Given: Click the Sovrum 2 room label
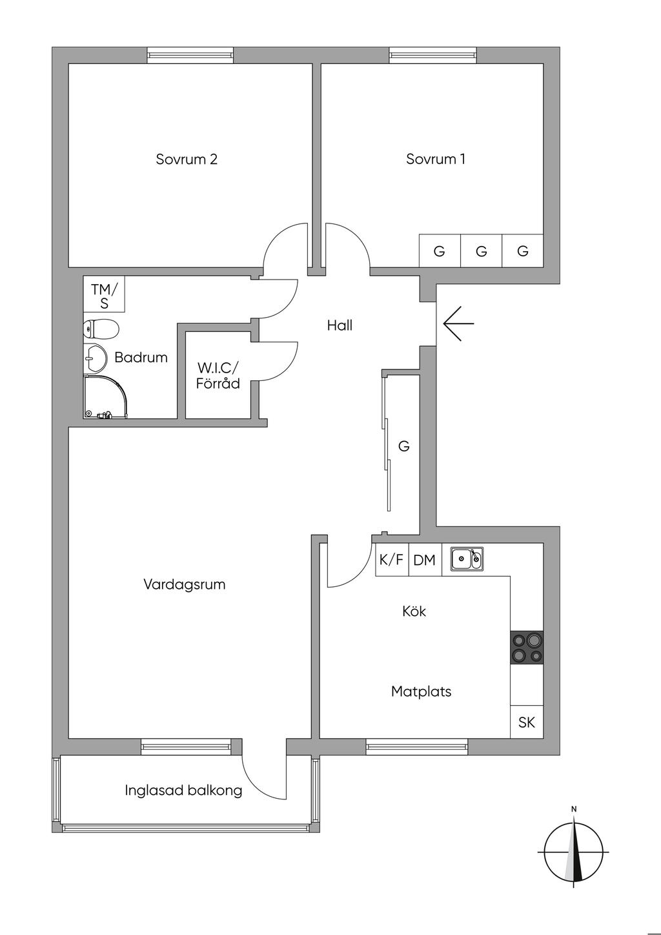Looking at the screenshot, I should point(187,159).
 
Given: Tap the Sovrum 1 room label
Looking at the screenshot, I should point(436,159).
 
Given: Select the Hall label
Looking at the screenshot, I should point(340,325).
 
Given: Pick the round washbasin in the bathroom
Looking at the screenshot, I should point(96,358).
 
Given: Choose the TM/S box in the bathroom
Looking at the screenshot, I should point(104,295).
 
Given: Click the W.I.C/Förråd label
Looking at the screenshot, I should point(218,376).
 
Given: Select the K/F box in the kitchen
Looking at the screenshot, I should point(391,560).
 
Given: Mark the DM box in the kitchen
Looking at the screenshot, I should point(424,560).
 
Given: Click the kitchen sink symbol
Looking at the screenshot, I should point(466,559).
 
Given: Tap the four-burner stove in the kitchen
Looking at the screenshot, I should point(527,648).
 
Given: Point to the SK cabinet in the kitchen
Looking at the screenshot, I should point(527,722).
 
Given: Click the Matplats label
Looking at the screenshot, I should point(421,692).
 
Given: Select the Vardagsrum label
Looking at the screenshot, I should point(185,585).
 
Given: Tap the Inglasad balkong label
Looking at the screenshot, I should point(184,790).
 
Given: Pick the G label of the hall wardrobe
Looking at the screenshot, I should point(404,446).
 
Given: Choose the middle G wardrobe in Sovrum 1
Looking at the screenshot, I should point(481,251).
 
